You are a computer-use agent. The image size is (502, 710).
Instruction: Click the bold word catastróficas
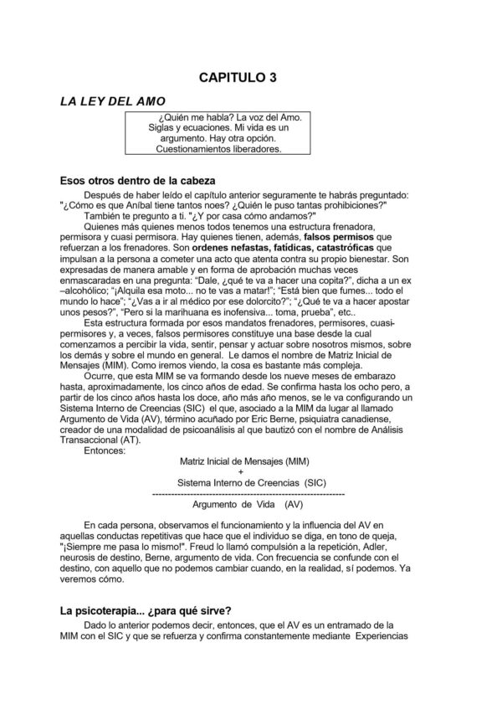(340, 249)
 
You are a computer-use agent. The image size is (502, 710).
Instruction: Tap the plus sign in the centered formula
(238, 473)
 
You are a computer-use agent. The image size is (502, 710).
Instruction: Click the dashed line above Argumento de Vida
(238, 495)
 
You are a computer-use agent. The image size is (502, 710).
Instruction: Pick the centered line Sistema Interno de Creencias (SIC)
(239, 484)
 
